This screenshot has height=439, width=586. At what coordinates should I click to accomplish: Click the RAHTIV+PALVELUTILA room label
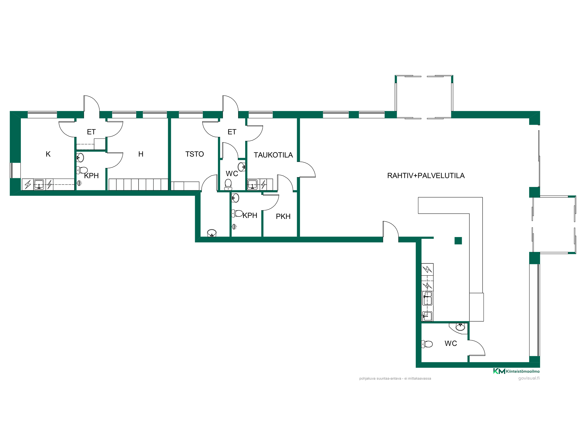426,176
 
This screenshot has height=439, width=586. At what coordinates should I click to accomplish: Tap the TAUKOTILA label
273,155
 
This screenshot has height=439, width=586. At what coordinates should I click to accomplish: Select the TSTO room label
195,154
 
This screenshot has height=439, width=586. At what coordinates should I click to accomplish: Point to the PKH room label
283,216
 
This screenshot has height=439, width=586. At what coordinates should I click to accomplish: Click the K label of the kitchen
48,154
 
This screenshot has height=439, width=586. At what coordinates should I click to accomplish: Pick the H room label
141,154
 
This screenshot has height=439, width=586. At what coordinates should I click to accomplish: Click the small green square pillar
458,241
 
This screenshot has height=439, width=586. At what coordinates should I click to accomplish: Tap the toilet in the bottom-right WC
427,344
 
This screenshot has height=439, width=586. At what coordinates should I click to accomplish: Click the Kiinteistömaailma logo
516,371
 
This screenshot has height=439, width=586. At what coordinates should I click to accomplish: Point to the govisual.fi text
529,378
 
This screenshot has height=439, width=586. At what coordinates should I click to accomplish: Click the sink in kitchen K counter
39,185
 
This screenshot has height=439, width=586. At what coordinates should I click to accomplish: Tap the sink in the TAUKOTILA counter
252,185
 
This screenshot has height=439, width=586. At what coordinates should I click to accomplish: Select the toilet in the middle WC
228,185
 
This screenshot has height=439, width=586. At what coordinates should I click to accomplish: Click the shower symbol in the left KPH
79,184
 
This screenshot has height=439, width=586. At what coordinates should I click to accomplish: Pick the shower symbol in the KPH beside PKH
234,226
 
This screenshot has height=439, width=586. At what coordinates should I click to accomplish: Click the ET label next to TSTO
232,132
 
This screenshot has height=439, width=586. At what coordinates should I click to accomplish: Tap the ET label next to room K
91,132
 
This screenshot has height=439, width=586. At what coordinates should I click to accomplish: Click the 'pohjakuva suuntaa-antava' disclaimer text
395,378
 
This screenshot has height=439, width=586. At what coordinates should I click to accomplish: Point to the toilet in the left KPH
82,170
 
